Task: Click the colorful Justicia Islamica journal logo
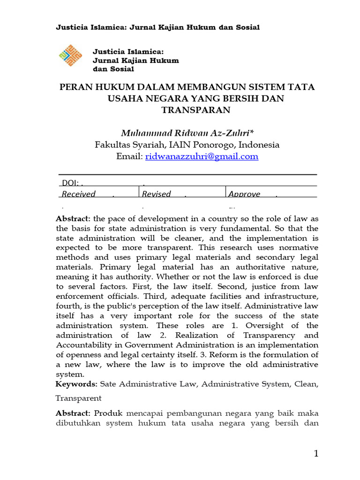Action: pos(70,56)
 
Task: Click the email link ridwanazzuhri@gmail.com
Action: pos(202,157)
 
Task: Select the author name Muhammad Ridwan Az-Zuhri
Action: pos(187,133)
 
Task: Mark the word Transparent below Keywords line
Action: pos(78,398)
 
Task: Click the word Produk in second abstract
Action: pos(108,413)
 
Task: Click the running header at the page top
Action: pos(157,27)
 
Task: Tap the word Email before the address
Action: pos(128,157)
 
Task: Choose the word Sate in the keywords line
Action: pos(108,384)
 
